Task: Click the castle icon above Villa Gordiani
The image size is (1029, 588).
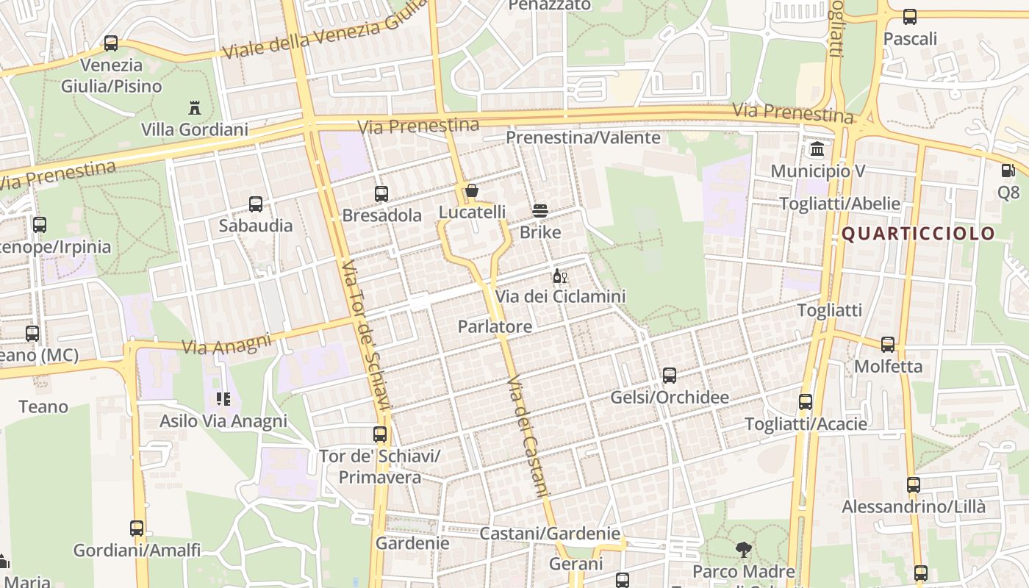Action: [x=195, y=108]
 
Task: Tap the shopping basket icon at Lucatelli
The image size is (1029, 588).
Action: [x=472, y=191]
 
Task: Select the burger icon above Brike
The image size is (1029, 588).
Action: [x=540, y=212]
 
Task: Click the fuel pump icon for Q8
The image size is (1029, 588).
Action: [x=1008, y=171]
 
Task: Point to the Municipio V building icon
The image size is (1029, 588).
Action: [x=817, y=150]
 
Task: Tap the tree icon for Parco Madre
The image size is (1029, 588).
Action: [x=744, y=549]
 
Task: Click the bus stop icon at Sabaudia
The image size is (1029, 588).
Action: [x=256, y=204]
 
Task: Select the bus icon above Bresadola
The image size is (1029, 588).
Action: [x=381, y=194]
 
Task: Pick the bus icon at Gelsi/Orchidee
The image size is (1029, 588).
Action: [x=670, y=376]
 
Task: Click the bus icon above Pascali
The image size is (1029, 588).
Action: [x=910, y=17]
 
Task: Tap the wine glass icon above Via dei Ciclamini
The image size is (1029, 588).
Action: [x=559, y=276]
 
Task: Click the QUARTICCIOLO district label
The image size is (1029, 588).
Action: [x=918, y=234]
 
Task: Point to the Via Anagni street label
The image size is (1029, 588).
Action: [x=226, y=343]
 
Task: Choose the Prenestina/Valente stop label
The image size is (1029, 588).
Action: [x=583, y=137]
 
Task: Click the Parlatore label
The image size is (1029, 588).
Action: [x=495, y=326]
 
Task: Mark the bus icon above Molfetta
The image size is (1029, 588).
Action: [x=888, y=344]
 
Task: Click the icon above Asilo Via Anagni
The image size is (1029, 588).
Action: [x=223, y=399]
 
